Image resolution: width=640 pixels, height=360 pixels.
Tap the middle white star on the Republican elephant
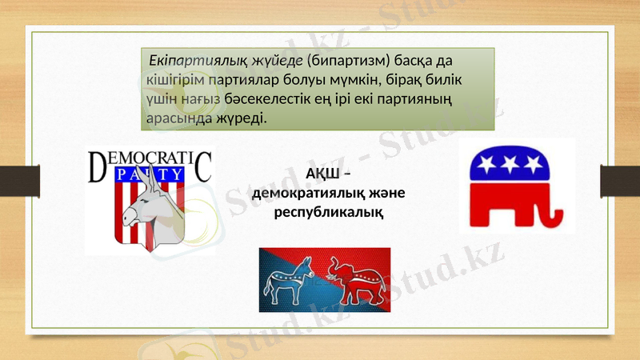coord(510,164)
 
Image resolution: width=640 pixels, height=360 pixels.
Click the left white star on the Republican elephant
coord(486,166)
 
